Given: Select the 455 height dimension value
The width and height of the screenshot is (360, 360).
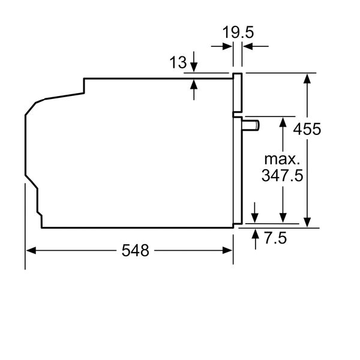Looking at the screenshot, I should [307, 128].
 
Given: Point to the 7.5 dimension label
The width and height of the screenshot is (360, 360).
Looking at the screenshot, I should [274, 238].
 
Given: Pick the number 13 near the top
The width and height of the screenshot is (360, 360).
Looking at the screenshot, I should [178, 61].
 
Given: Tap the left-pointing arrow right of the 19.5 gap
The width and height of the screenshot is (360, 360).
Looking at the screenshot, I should [247, 46].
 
